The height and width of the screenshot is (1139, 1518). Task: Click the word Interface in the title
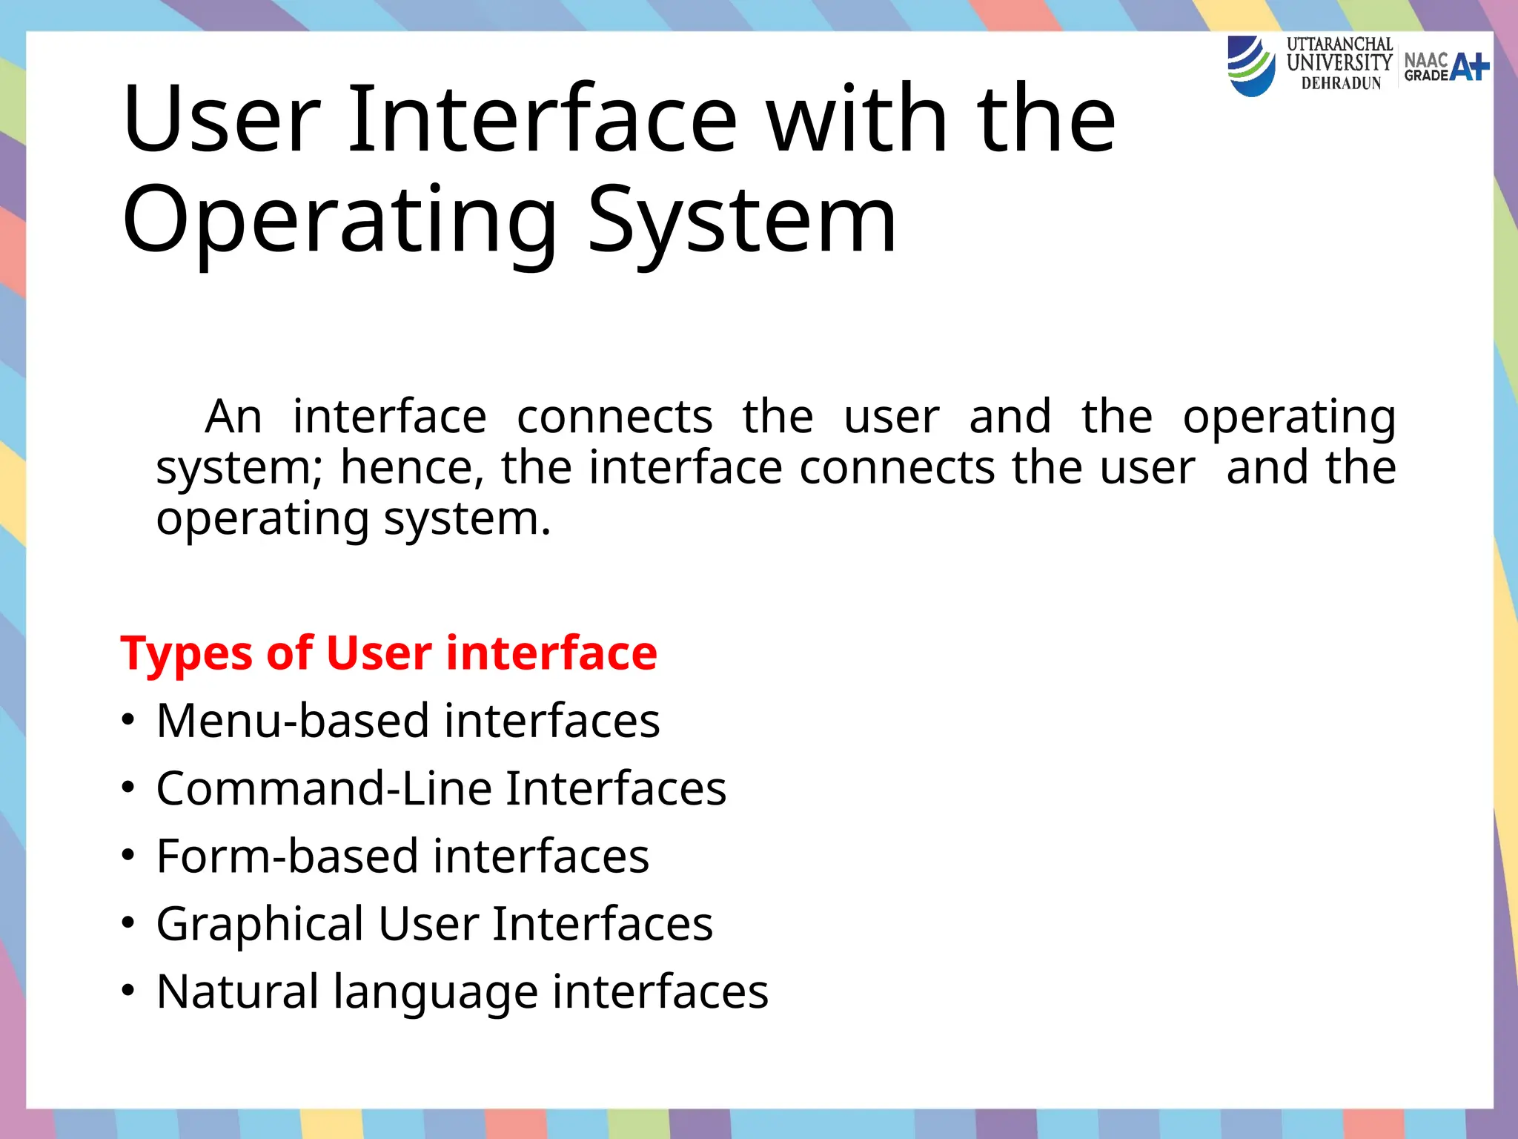[x=543, y=119]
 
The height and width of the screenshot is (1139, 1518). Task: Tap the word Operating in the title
[x=339, y=219]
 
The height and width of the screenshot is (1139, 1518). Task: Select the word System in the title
[x=742, y=219]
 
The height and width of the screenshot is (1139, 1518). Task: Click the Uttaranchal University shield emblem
[x=1251, y=67]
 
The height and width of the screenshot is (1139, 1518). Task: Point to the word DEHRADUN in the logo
[x=1341, y=84]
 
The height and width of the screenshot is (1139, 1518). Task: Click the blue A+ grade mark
[x=1469, y=67]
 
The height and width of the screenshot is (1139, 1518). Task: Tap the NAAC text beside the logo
[x=1425, y=60]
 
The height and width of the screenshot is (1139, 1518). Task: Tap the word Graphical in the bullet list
[x=260, y=925]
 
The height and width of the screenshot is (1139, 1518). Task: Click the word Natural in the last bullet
[x=237, y=991]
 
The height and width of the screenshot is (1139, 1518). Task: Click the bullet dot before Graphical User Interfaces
[x=129, y=923]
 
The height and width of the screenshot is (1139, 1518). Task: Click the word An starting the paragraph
[x=233, y=417]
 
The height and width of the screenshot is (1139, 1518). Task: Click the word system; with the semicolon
[x=239, y=469]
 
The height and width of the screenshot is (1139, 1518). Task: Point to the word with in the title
[x=857, y=119]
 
